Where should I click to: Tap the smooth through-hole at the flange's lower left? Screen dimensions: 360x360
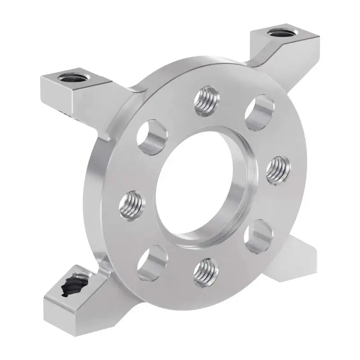pos(149,261)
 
